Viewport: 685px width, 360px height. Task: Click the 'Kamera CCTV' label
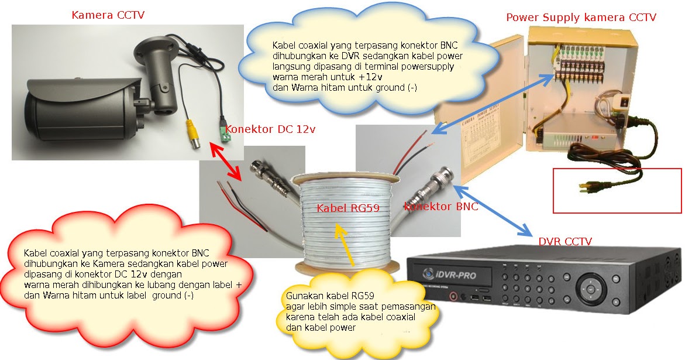108,15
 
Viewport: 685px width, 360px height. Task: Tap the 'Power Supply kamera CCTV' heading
581,18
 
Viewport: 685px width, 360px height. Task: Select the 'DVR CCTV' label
564,241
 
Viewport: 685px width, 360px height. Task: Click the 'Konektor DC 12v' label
270,129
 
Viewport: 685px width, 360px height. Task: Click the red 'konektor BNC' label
441,206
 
